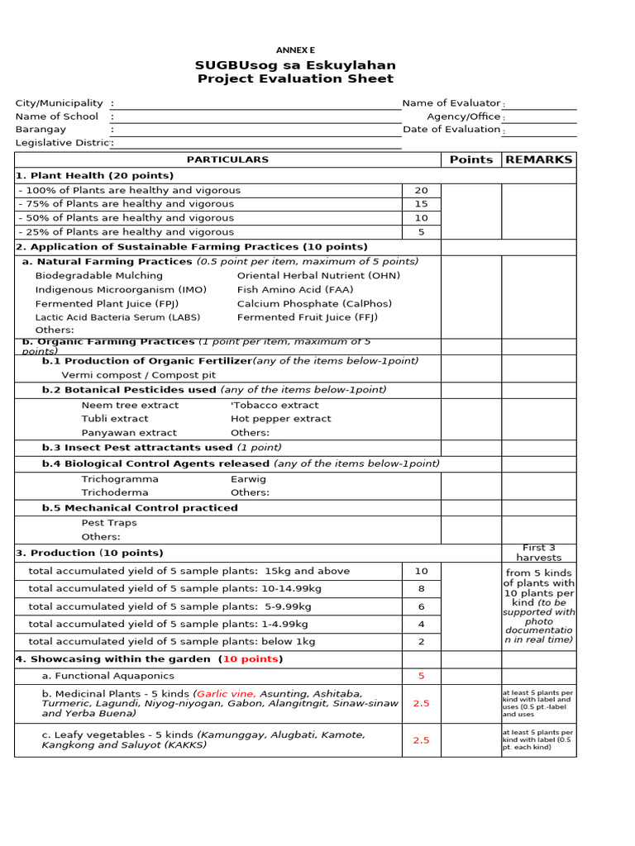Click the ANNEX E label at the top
point(295,50)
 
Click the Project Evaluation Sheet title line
point(295,79)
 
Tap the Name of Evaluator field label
point(451,103)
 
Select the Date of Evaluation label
point(451,130)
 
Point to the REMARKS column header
point(538,159)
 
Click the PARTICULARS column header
point(227,159)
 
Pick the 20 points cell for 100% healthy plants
point(421,191)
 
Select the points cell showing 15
point(421,204)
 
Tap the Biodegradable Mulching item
point(99,276)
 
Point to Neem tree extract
point(130,406)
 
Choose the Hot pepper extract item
point(281,419)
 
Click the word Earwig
point(248,479)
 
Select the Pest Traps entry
point(109,523)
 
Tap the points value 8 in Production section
point(421,589)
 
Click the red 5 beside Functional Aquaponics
point(421,676)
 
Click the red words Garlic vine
point(227,694)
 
